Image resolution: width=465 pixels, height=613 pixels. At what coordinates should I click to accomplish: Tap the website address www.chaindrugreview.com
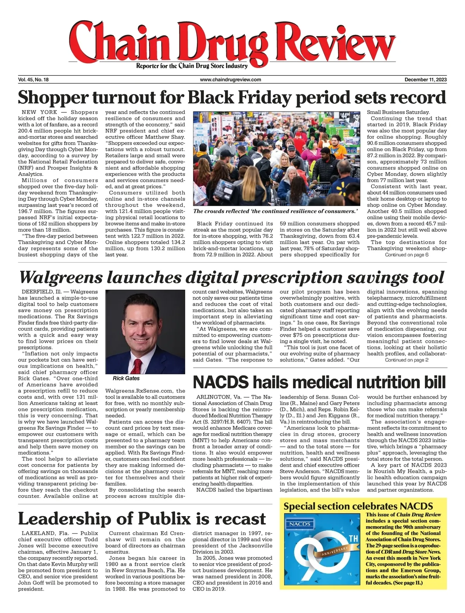231,79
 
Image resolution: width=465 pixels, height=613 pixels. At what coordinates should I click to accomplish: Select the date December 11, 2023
425,79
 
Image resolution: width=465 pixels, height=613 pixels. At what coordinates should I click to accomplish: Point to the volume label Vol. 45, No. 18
33,79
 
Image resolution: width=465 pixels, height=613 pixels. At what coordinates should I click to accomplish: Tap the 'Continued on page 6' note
406,255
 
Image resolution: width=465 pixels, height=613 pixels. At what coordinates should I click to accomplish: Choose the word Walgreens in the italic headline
61,277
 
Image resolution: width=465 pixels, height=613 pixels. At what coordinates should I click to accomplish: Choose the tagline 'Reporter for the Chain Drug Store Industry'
191,66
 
